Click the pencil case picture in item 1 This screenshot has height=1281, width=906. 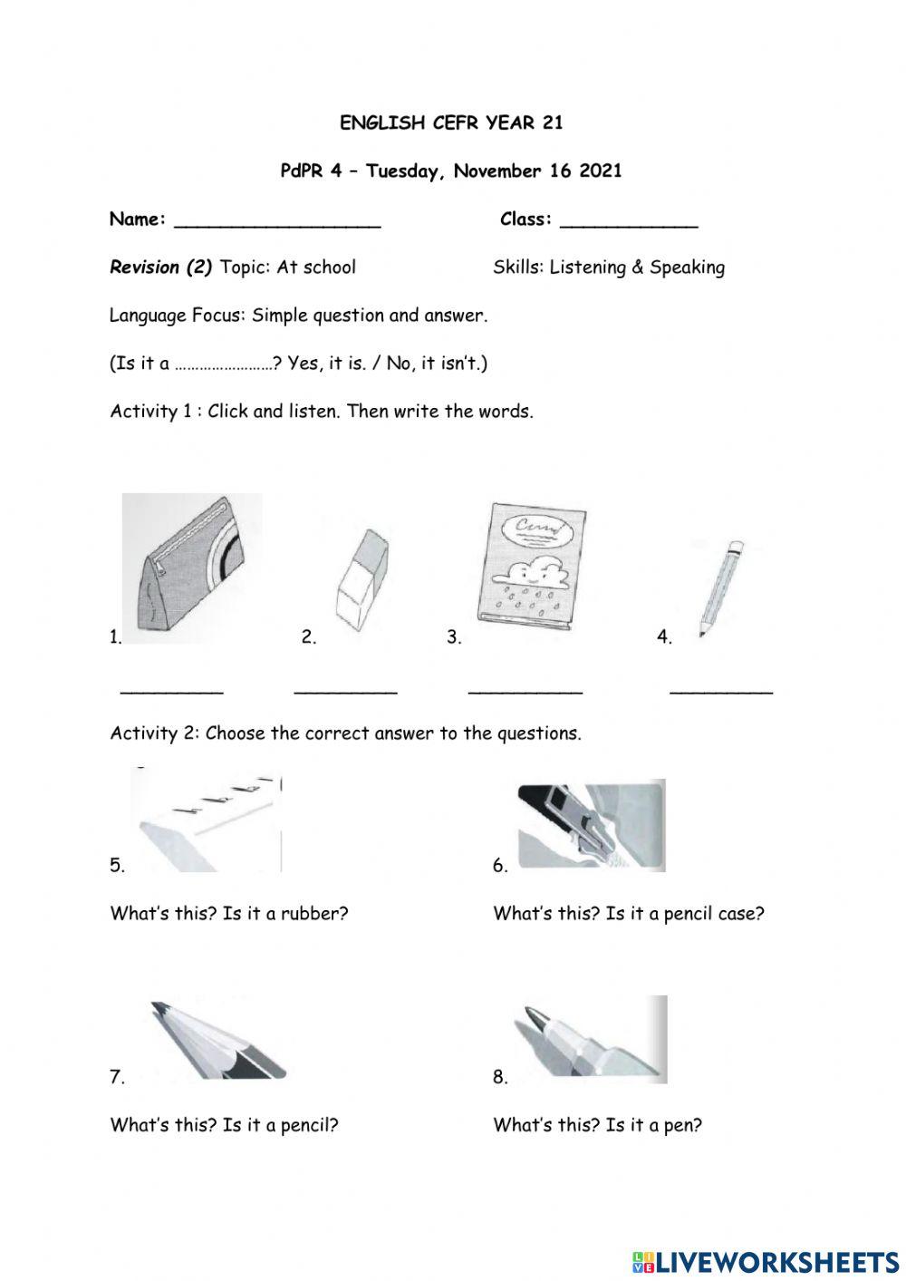point(191,568)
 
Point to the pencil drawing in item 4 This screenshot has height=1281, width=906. point(720,587)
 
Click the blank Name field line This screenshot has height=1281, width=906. point(276,225)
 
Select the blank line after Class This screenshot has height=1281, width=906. point(629,225)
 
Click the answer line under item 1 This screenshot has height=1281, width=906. point(171,693)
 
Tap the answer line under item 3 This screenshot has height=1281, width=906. point(525,693)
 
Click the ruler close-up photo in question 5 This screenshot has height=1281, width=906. point(207,821)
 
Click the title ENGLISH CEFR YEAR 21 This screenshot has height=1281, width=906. point(451,123)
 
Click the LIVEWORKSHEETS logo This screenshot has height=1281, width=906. point(766,1261)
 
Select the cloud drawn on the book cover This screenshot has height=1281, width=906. point(525,571)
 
